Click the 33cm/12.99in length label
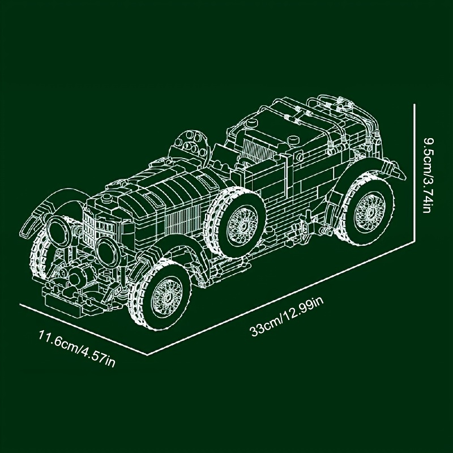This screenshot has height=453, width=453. click(x=287, y=317)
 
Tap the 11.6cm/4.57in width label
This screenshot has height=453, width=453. click(x=77, y=349)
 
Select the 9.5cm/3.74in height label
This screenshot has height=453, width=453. click(x=428, y=175)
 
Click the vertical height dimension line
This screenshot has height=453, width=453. click(x=414, y=173)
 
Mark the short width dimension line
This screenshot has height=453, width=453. click(x=83, y=330)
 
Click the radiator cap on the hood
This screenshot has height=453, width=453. click(x=106, y=198)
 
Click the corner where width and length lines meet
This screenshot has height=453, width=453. click(x=148, y=355)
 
